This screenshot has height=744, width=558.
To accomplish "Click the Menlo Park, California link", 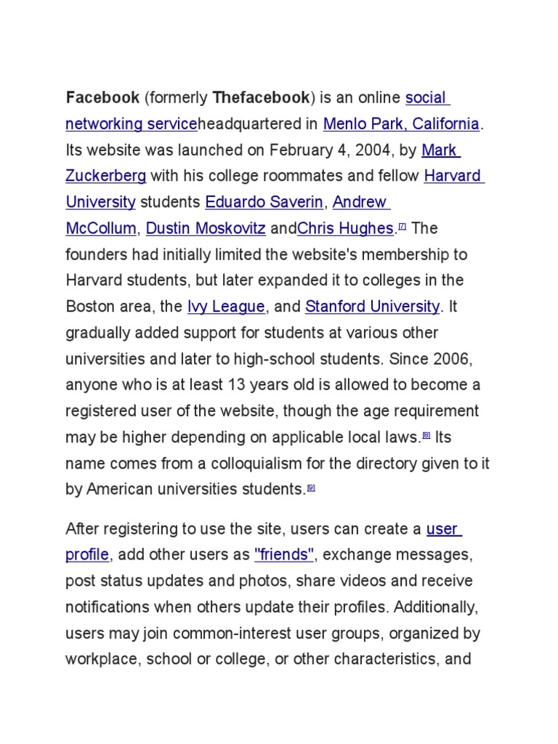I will click(x=401, y=124).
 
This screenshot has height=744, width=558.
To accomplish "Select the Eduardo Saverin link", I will click(x=264, y=202).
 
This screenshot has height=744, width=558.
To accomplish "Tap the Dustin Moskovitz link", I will click(x=206, y=228).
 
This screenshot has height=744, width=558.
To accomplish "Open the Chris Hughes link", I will click(x=345, y=228).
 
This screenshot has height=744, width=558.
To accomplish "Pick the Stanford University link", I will click(x=372, y=307).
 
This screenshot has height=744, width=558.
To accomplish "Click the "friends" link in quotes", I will click(x=284, y=555).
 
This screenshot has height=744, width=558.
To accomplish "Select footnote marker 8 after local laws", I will click(x=426, y=436).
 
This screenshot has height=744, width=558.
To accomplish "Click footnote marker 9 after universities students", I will click(x=311, y=488).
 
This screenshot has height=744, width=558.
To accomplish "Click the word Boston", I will click(x=90, y=307).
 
